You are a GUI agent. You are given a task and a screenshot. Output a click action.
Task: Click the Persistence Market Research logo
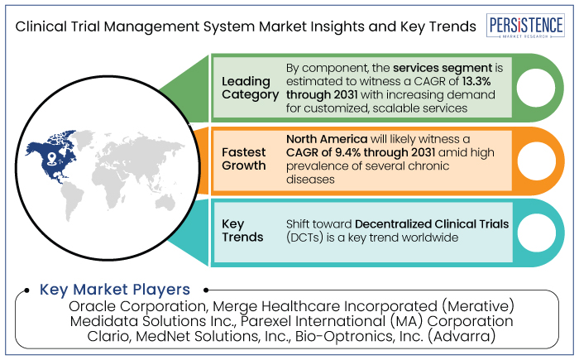[525, 26]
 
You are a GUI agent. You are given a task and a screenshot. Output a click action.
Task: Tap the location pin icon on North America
[51, 158]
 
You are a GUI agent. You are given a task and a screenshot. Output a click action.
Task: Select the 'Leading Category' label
[250, 88]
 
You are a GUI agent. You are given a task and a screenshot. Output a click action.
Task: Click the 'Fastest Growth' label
[244, 159]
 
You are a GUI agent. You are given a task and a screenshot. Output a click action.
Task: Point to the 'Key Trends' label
[242, 230]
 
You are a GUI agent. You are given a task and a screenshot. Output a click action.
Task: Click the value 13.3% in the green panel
[476, 81]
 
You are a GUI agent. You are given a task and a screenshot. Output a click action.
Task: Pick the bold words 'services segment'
[443, 68]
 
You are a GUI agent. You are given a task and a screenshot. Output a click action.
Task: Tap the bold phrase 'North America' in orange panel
[327, 139]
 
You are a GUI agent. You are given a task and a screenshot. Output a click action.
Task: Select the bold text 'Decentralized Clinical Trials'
[432, 224]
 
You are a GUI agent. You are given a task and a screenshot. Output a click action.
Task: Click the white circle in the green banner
[535, 88]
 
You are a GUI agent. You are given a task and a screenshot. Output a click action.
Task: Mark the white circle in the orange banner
[536, 161]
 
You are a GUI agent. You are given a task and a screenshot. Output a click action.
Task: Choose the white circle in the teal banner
[536, 233]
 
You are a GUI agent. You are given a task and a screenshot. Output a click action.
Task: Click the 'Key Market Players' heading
[115, 290]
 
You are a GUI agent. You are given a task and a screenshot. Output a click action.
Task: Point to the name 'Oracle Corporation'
[137, 306]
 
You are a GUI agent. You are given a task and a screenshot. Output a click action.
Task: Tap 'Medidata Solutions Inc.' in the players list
[152, 321]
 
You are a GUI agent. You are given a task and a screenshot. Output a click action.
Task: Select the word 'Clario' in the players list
[109, 336]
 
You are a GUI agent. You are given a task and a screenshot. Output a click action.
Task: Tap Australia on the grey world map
[165, 201]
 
